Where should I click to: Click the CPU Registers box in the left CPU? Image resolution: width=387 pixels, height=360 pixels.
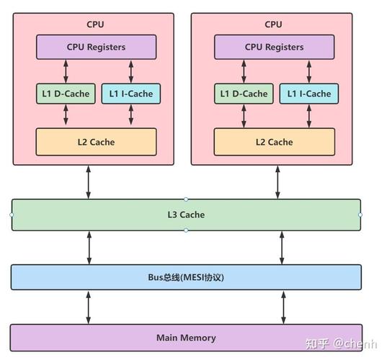click(96, 48)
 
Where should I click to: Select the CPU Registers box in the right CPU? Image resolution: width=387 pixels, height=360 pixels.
click(275, 48)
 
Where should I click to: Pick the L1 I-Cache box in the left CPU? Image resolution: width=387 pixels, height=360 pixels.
click(130, 94)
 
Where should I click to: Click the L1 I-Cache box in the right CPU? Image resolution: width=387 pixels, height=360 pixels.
click(308, 94)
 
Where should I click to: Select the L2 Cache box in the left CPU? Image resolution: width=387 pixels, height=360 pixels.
click(96, 142)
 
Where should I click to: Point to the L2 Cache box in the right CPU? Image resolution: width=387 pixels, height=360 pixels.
click(275, 142)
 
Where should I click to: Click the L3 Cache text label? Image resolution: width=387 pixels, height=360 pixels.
click(186, 215)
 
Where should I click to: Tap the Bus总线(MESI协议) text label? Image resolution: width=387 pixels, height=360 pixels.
click(186, 277)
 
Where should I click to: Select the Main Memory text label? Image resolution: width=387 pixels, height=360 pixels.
click(186, 338)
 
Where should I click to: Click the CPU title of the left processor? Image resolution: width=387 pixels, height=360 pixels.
click(95, 24)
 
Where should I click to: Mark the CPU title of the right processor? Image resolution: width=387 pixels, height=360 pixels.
click(274, 24)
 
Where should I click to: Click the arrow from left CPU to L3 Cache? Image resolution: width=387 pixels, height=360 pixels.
click(89, 182)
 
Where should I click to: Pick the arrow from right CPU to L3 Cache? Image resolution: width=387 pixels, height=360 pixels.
click(277, 182)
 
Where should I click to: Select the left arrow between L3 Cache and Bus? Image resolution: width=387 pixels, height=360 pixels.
click(89, 248)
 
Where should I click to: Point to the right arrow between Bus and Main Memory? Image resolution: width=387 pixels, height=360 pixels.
click(283, 308)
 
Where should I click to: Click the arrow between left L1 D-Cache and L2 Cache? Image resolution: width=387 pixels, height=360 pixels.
click(66, 116)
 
